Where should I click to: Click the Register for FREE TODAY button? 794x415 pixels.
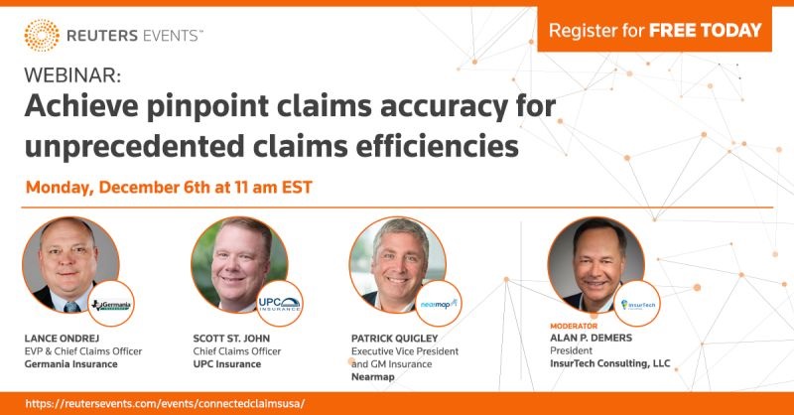click(654, 31)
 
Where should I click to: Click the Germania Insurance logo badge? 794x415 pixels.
click(111, 304)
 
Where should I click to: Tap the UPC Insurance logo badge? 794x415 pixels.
click(279, 304)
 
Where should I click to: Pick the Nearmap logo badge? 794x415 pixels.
click(438, 304)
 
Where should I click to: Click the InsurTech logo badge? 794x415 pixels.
click(635, 306)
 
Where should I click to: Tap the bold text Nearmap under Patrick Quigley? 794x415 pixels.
click(373, 378)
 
